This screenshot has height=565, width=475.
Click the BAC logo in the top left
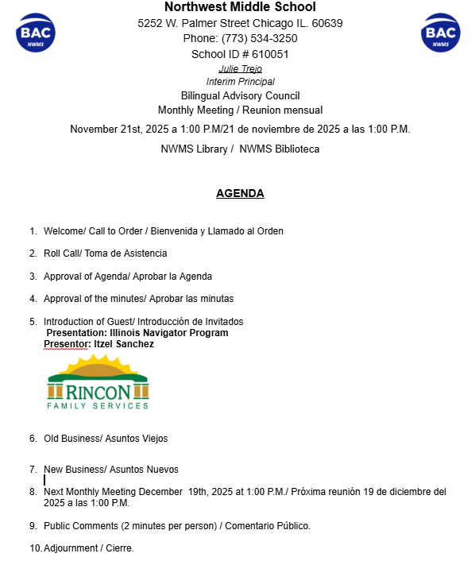tap(35, 33)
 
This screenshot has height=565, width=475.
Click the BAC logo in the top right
tap(440, 33)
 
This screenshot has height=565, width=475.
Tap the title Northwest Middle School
tap(239, 7)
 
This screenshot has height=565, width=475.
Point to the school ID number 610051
tap(270, 54)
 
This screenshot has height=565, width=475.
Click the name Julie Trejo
tap(240, 69)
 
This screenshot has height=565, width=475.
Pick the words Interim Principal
tap(240, 82)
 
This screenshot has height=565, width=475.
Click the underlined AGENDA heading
tap(240, 193)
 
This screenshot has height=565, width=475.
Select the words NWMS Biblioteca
tap(280, 149)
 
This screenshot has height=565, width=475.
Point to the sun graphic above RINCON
tap(98, 367)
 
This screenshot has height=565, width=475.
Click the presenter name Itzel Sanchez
tap(124, 344)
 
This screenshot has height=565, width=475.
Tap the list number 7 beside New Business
tap(33, 470)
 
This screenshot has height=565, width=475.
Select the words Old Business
tap(71, 439)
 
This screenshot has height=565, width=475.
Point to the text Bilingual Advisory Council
tap(240, 95)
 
